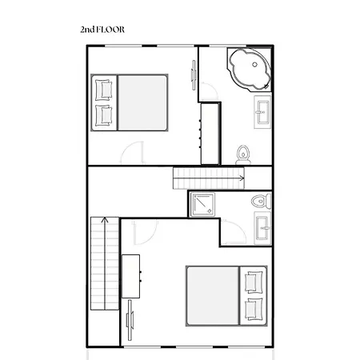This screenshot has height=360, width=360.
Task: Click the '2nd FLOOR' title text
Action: [102, 30]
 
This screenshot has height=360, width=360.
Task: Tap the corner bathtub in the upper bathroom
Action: [249, 70]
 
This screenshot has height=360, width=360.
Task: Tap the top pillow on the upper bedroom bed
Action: [104, 88]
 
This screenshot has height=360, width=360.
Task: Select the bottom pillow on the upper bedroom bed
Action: [104, 114]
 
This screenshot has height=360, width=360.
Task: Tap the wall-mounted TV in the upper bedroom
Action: [194, 73]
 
